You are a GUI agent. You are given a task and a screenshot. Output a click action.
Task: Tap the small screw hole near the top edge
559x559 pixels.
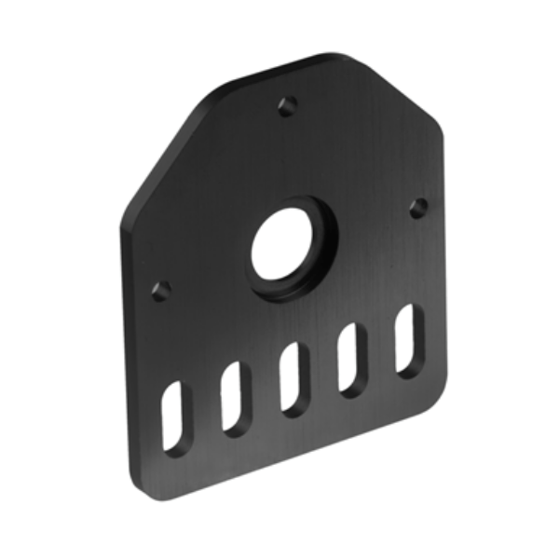tap(289, 105)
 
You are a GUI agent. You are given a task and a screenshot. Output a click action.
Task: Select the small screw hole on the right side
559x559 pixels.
tap(418, 208)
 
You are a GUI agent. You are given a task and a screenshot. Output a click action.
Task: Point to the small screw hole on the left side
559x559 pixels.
tap(160, 290)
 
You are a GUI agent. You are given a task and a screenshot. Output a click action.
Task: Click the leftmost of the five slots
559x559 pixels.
tap(174, 417)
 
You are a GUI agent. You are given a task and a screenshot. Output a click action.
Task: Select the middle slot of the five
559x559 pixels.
tap(292, 378)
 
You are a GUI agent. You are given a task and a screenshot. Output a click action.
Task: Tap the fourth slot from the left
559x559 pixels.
tap(352, 359)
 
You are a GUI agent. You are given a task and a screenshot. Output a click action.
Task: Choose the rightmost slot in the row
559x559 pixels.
tap(408, 339)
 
